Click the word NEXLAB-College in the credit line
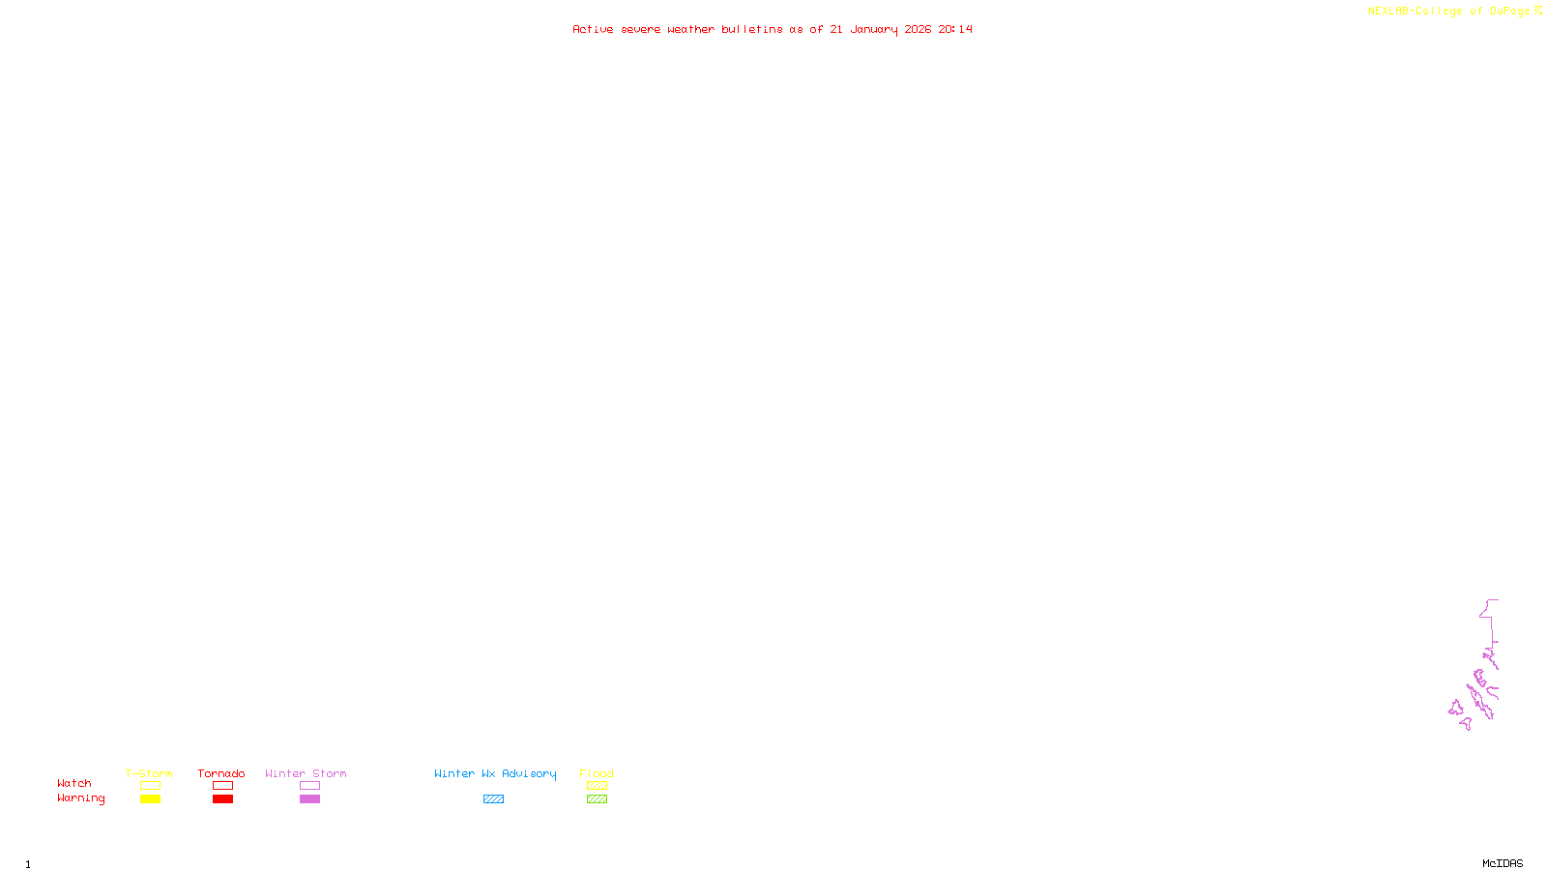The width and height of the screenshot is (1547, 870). coord(1415,12)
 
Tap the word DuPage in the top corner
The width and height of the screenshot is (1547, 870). coord(1509,12)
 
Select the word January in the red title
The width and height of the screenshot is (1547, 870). coord(873,30)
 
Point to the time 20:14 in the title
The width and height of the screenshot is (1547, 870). coord(955,30)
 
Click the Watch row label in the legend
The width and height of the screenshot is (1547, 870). coord(74,784)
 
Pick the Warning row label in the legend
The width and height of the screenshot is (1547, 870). coord(80,798)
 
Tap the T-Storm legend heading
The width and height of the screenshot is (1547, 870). coord(149,773)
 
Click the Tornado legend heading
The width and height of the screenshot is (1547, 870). coord(221,773)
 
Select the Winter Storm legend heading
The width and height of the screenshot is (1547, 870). coord(306,773)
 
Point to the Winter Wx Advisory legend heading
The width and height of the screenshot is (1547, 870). coord(495,773)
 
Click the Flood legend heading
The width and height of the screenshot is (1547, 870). coord(597,773)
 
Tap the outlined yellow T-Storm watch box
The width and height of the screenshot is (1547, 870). coord(150,786)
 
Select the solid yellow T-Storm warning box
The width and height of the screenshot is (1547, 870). coord(150,799)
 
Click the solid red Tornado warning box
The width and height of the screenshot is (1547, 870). coord(222,799)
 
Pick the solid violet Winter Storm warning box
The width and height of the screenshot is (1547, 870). coord(309,799)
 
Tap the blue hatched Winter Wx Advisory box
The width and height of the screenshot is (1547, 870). coord(493,799)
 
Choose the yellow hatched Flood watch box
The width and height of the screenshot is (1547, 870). coord(597,786)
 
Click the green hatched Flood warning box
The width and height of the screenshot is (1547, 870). coord(597,799)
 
